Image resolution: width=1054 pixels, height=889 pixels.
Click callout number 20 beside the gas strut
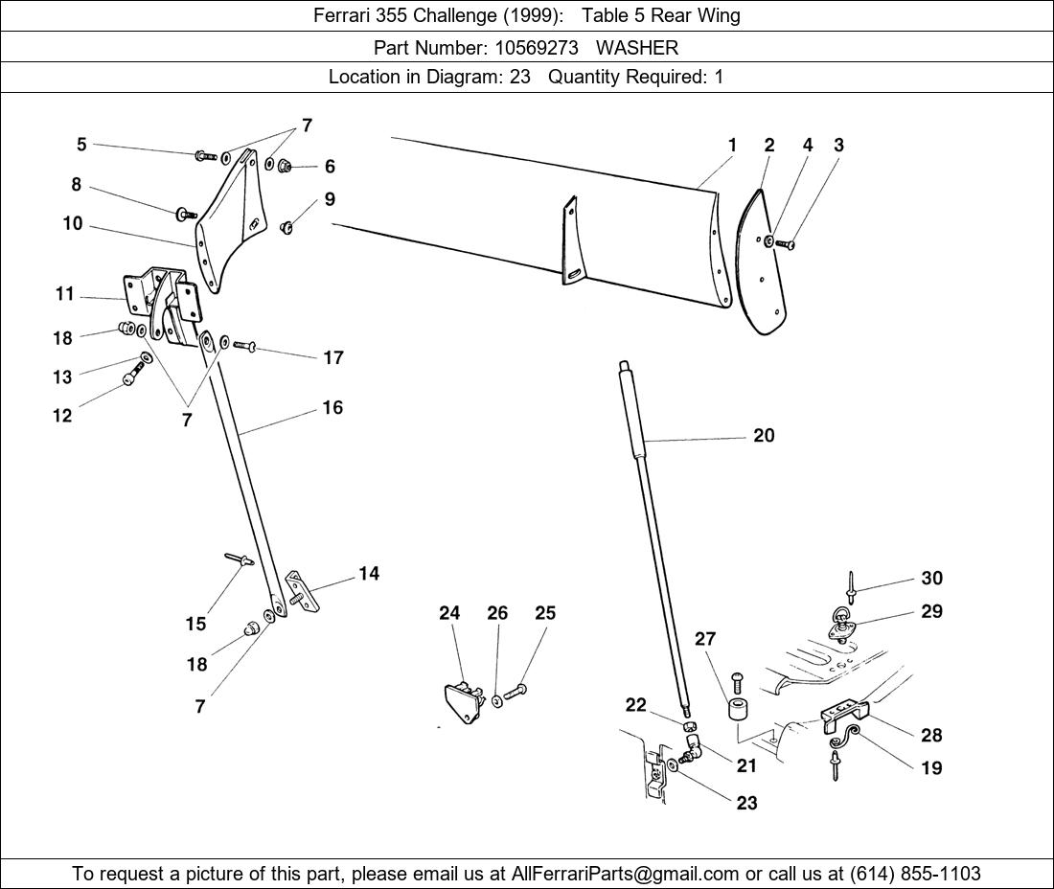764,436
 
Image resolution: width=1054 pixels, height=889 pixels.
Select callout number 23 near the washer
747,803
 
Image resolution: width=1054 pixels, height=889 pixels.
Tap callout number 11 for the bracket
64,294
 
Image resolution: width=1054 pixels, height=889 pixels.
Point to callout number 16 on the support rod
332,408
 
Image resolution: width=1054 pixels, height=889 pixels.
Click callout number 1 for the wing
732,146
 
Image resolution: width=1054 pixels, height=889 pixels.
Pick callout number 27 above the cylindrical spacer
705,639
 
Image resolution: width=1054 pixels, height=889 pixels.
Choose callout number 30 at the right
931,579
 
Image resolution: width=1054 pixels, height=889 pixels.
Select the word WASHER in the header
637,47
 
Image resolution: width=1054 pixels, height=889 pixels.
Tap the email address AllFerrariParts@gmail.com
626,874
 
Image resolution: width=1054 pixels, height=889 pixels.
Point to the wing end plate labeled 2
761,263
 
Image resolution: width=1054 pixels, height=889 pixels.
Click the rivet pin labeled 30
851,581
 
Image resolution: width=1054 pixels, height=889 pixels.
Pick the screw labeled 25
516,692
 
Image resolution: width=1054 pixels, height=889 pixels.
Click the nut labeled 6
286,168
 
